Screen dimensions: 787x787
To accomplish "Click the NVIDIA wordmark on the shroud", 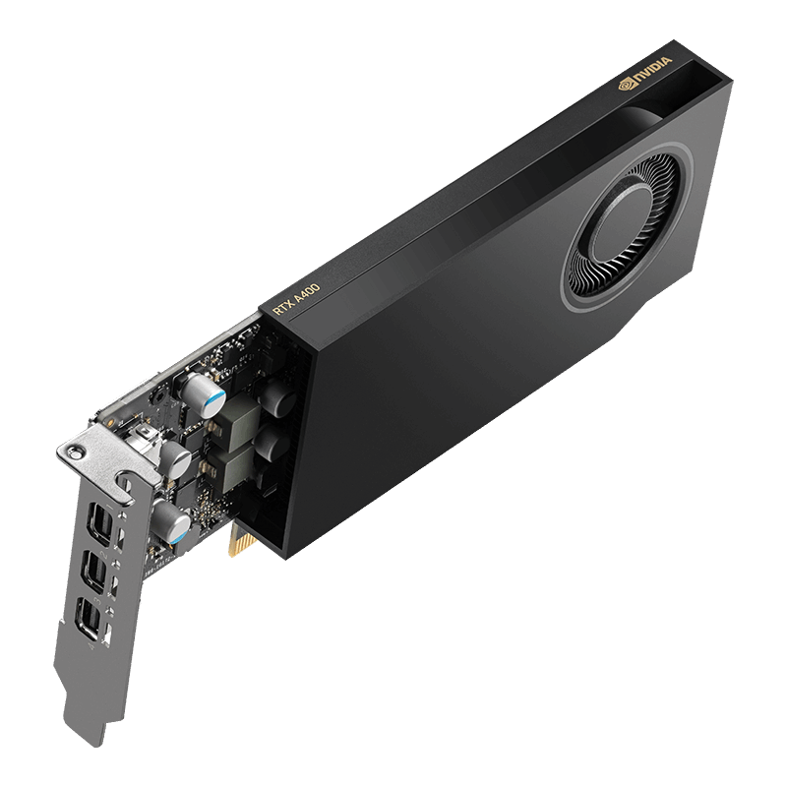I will [x=650, y=71].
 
